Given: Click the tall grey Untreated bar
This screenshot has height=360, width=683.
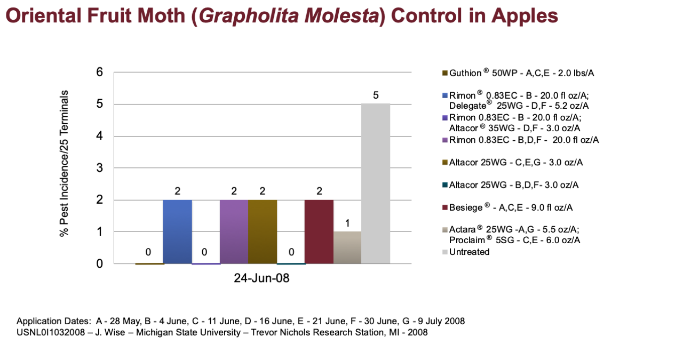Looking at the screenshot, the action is click(376, 183).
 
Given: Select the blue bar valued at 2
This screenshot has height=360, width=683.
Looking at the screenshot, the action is click(178, 231).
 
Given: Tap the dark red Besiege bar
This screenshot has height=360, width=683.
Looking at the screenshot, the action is click(319, 231).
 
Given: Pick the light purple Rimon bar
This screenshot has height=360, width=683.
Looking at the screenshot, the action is click(234, 231).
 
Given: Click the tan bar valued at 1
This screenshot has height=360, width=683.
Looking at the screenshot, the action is click(347, 247).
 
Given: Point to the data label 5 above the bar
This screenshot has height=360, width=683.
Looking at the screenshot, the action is click(376, 95).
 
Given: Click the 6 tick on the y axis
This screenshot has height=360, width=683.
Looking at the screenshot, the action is click(100, 72).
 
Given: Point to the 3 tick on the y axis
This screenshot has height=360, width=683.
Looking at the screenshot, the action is click(100, 168).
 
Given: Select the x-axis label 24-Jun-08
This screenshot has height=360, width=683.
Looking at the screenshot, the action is click(261, 278).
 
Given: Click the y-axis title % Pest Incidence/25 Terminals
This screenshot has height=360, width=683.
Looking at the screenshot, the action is click(64, 163).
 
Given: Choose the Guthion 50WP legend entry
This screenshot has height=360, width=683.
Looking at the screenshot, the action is click(518, 73).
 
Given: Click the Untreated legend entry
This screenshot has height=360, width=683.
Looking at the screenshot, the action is click(466, 252).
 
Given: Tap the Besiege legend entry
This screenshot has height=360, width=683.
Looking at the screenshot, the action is click(507, 207).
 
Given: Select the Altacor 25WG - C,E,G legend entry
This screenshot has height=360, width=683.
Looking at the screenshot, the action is click(513, 162).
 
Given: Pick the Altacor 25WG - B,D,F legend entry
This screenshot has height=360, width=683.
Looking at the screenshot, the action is click(511, 185).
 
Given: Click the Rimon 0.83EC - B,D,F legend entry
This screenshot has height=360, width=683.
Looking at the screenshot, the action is click(521, 140).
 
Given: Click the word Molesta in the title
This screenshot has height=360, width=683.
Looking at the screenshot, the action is click(341, 15).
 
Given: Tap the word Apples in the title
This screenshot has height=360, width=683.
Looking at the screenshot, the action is click(525, 16).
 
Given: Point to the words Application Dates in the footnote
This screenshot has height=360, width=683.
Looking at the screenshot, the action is click(54, 321).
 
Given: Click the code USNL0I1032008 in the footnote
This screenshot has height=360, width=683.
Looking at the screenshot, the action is click(51, 332).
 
